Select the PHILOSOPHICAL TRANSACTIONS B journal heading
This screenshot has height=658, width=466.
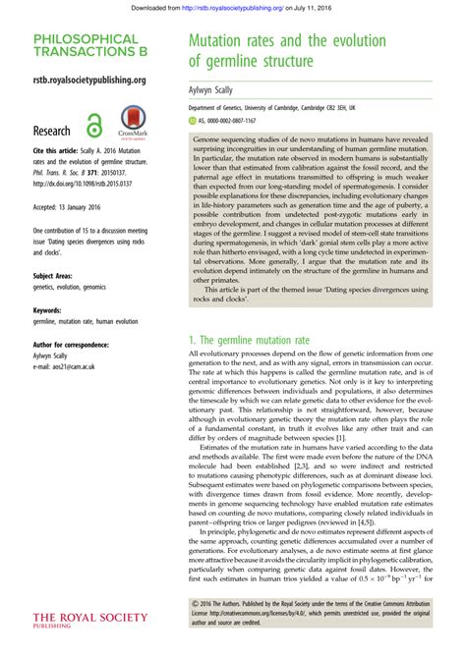(x=85, y=46)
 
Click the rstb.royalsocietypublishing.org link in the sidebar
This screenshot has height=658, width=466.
(x=89, y=80)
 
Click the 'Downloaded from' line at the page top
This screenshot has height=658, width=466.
(x=232, y=6)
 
